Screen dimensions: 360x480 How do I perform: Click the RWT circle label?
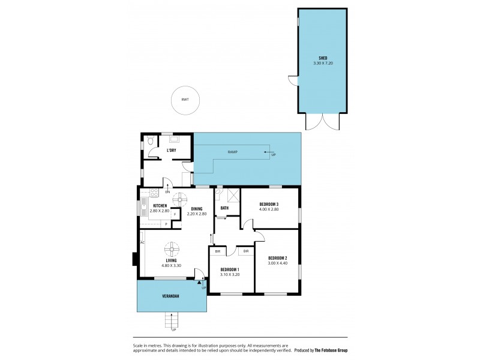pyautogui.click(x=185, y=99)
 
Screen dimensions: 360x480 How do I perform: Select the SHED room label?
pyautogui.click(x=322, y=58)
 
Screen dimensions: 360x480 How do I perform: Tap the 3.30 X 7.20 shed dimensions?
pyautogui.click(x=322, y=63)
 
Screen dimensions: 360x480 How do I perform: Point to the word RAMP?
pyautogui.click(x=233, y=152)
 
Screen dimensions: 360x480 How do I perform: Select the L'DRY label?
pyautogui.click(x=171, y=149)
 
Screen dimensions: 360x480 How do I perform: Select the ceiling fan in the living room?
pyautogui.click(x=172, y=249)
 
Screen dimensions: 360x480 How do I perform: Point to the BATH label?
pyautogui.click(x=224, y=208)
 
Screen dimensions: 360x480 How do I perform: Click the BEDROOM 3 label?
pyautogui.click(x=269, y=204)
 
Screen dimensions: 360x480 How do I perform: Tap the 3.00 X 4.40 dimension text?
pyautogui.click(x=277, y=262)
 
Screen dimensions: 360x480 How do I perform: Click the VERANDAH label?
pyautogui.click(x=171, y=296)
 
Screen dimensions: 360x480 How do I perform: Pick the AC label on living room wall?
pyautogui.click(x=143, y=242)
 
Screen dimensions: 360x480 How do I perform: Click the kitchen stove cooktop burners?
pyautogui.click(x=154, y=193)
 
